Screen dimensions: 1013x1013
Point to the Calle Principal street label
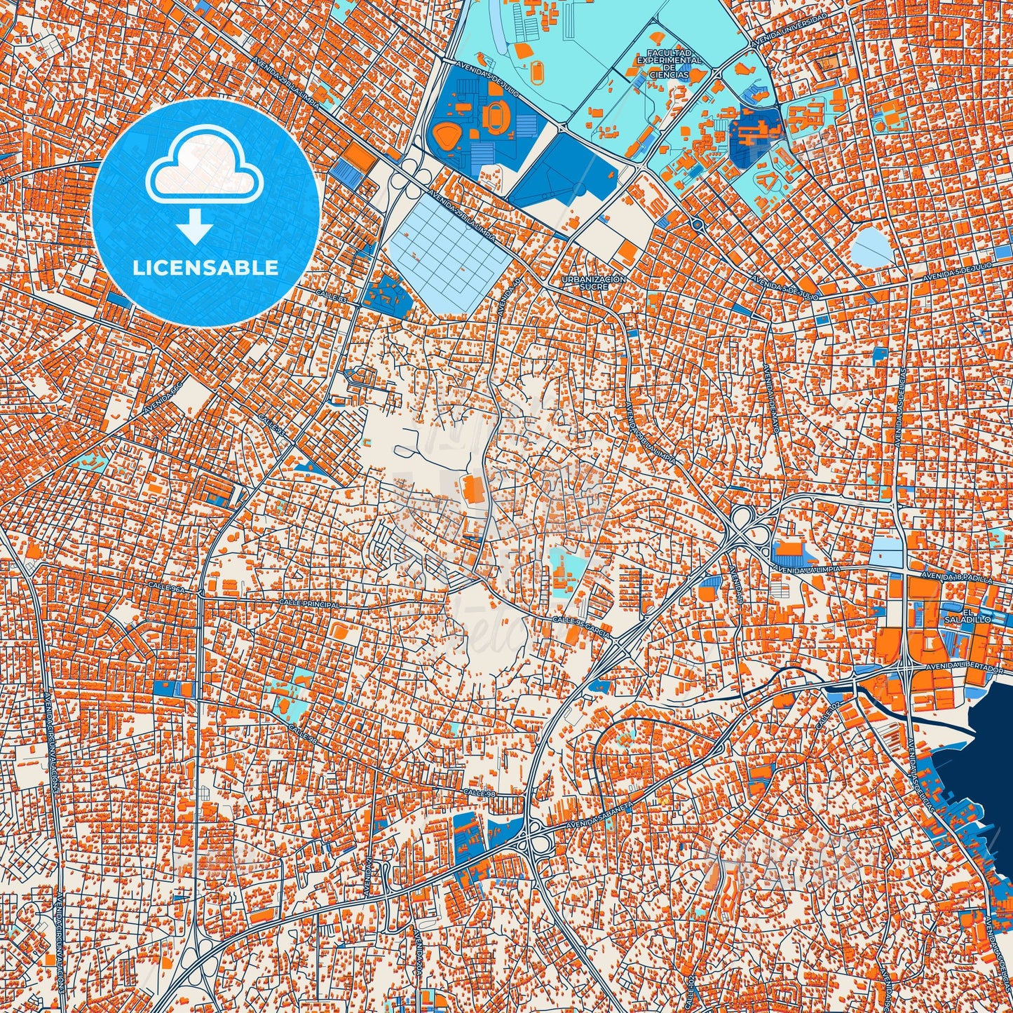(x=309, y=603)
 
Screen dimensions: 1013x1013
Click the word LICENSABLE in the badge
(x=205, y=268)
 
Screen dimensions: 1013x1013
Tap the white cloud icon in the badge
(x=204, y=165)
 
